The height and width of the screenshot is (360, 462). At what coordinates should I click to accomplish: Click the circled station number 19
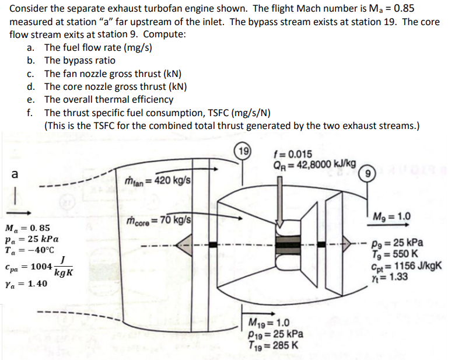(x=241, y=149)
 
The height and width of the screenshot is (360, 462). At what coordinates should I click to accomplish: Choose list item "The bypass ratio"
(x=80, y=60)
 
